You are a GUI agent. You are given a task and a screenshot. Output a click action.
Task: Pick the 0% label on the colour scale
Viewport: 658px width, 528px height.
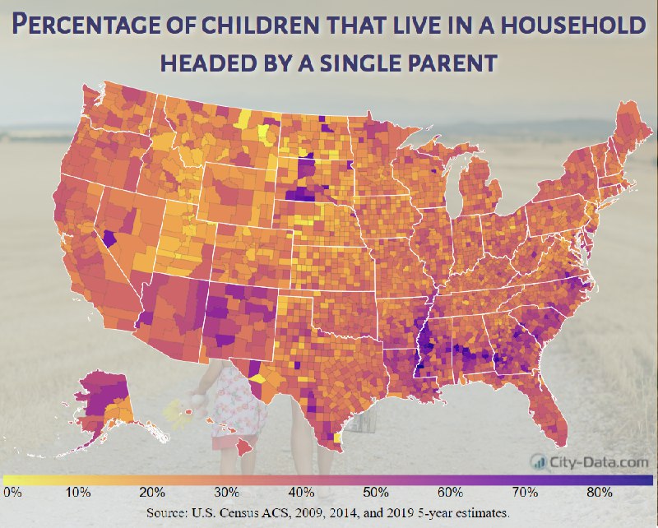click(12, 492)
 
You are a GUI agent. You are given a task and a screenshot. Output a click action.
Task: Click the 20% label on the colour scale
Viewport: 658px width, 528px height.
click(152, 492)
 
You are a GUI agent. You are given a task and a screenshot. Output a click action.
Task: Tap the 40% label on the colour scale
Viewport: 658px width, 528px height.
click(302, 492)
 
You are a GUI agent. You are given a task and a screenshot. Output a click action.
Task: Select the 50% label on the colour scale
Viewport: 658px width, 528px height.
click(376, 492)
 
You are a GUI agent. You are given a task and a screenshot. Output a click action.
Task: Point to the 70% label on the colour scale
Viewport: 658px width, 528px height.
click(525, 492)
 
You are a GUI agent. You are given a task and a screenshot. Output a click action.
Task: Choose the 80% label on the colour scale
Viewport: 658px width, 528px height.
click(599, 492)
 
